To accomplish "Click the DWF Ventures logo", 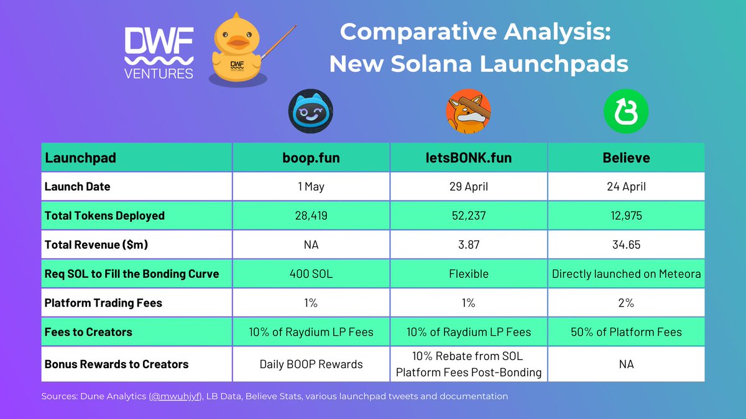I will [x=159, y=52].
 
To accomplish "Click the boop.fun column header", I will [x=310, y=158].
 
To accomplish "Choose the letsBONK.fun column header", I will [x=468, y=158].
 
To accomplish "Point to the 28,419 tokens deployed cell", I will [x=310, y=216].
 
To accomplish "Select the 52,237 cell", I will [x=468, y=216].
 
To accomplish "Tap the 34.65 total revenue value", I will [x=626, y=245].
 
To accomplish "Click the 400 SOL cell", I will [x=310, y=274].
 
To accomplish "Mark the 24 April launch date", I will [x=626, y=187].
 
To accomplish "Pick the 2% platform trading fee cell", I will [x=626, y=303].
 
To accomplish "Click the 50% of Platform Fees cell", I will [x=626, y=332].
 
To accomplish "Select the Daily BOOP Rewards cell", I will [x=310, y=364].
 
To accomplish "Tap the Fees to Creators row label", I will [x=88, y=332].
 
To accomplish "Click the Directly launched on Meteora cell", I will [x=626, y=274].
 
